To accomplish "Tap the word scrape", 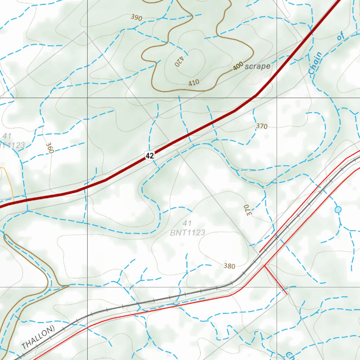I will tap(258, 66).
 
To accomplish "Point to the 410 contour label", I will tap(194, 83).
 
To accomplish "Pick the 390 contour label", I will tap(136, 17).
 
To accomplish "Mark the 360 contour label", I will tap(49, 148).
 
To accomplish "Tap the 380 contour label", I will tap(229, 266).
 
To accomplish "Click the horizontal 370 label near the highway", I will tap(262, 127).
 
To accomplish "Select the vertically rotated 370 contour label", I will tap(247, 210).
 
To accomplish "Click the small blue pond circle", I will tap(338, 210).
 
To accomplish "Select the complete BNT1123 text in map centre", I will tap(187, 232).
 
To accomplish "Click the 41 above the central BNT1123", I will tap(187, 223).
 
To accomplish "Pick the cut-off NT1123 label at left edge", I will tap(12, 145).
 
